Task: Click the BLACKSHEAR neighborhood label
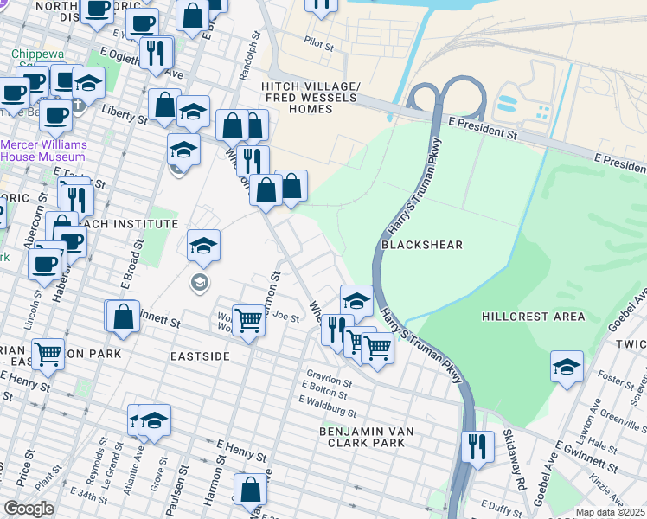(x=422, y=245)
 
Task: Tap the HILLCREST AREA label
(x=534, y=317)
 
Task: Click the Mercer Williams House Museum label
(x=42, y=151)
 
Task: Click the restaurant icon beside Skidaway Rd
(x=477, y=446)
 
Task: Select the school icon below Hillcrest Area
(x=567, y=366)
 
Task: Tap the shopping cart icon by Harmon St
(x=249, y=320)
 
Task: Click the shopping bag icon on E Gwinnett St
(x=123, y=316)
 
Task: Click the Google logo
(x=29, y=508)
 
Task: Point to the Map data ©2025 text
(x=610, y=512)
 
